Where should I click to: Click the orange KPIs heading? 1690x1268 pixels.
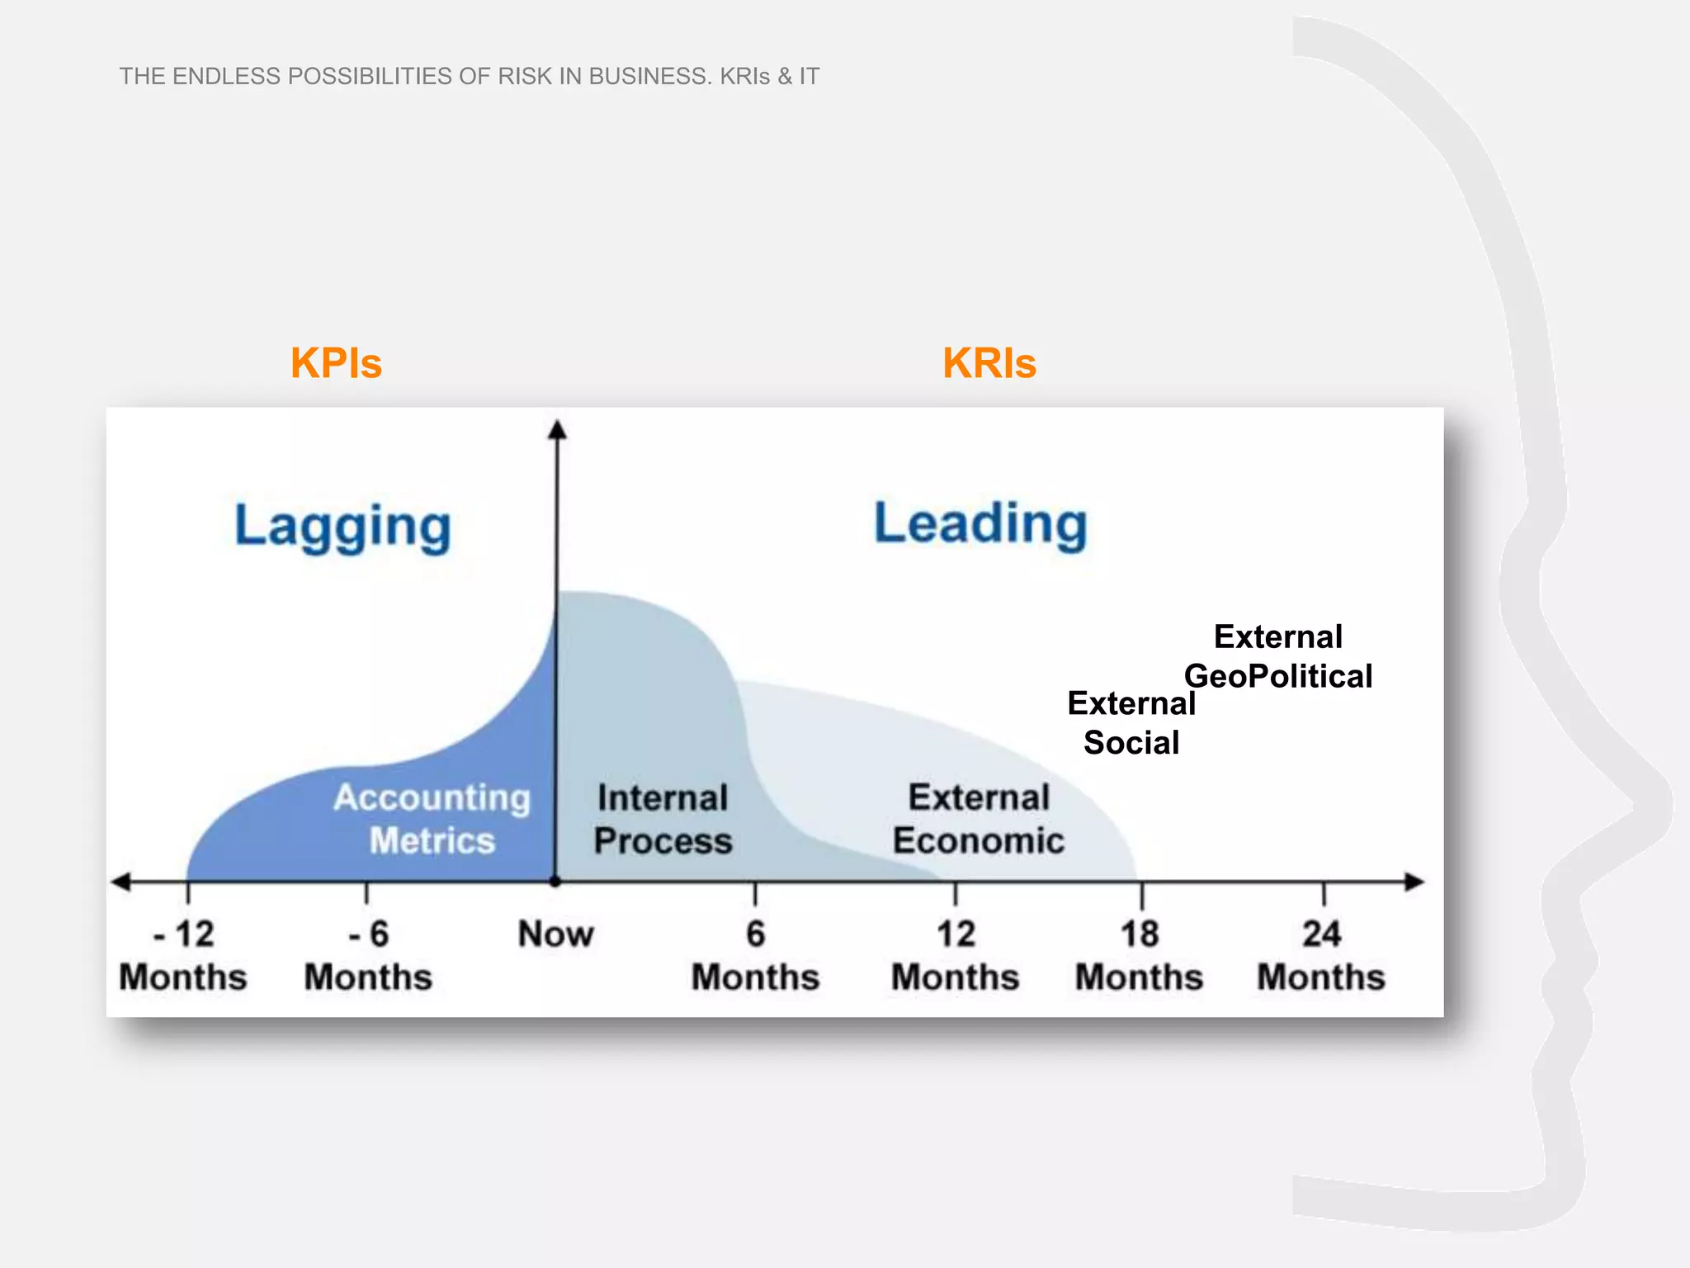click(336, 363)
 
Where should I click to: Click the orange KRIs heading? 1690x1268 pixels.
click(989, 363)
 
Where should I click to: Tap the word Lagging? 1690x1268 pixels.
click(342, 527)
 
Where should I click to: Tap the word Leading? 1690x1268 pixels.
click(980, 524)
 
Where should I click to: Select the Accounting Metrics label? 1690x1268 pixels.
click(432, 819)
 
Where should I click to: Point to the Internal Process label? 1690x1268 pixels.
click(663, 819)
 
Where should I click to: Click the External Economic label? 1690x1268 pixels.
click(979, 819)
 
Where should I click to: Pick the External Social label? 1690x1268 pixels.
click(1131, 723)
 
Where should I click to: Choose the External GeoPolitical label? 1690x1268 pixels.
click(1278, 656)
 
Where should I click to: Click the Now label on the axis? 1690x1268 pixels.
click(555, 934)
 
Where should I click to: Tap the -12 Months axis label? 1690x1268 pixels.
click(183, 956)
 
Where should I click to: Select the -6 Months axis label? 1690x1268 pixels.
click(368, 956)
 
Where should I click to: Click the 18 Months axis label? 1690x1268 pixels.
click(1139, 956)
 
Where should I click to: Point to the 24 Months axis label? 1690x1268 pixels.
click(1320, 956)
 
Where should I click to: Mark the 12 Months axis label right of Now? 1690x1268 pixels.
click(955, 956)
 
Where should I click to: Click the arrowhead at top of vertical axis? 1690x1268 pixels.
click(557, 430)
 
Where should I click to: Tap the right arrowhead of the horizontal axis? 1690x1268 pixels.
click(1414, 882)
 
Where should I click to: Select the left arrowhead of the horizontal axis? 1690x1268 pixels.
click(121, 882)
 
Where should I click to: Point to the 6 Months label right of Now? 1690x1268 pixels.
click(755, 956)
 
